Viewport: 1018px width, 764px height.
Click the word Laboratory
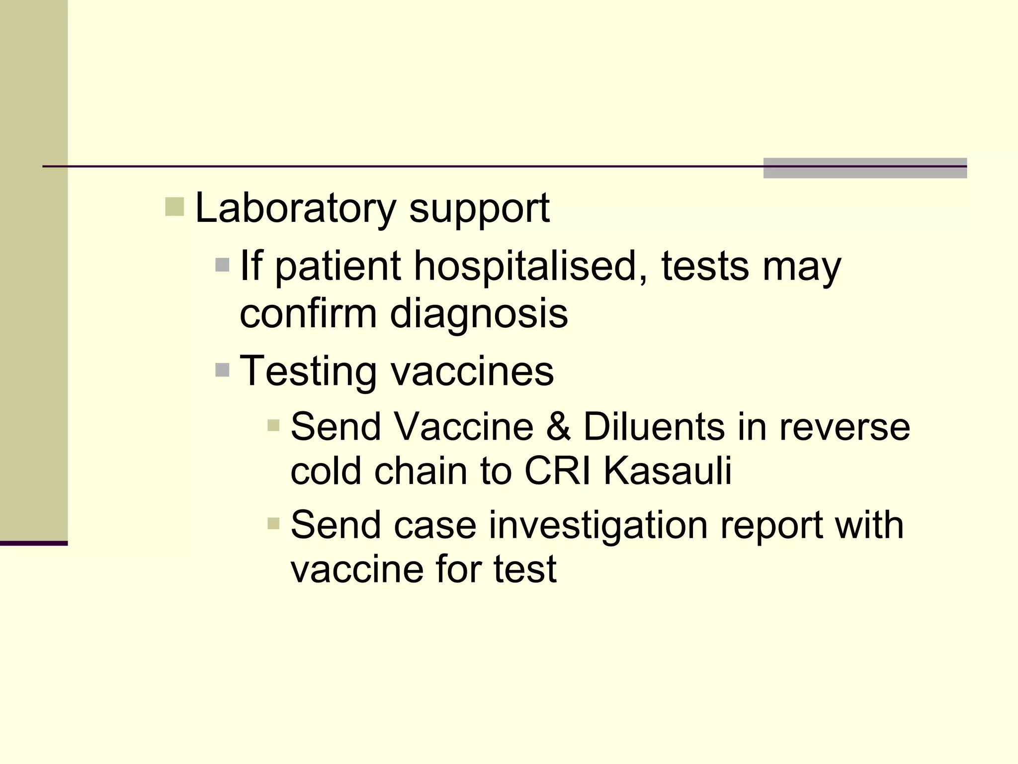point(295,208)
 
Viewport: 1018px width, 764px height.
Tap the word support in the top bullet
point(479,209)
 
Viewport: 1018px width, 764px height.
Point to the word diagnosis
point(479,314)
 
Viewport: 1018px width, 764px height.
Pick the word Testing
point(308,372)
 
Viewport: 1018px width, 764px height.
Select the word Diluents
point(654,427)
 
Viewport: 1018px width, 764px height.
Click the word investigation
point(598,525)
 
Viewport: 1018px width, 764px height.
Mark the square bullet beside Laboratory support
point(174,207)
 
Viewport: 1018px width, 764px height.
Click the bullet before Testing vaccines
point(222,370)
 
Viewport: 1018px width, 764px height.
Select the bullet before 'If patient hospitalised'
point(222,265)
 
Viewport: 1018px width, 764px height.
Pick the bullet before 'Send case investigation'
point(273,524)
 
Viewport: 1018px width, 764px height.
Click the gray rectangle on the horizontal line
point(865,168)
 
